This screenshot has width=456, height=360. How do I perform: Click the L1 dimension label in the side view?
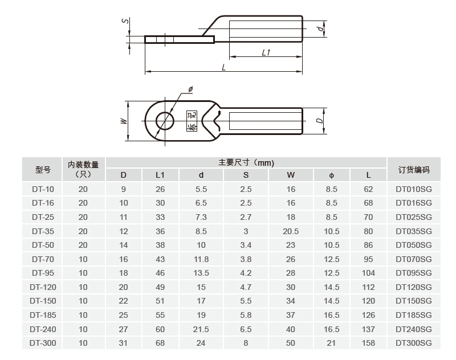click(x=266, y=52)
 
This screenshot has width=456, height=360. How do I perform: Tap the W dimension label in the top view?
click(x=123, y=121)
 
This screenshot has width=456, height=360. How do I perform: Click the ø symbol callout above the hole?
click(x=190, y=89)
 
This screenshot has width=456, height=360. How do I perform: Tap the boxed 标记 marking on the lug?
click(x=192, y=121)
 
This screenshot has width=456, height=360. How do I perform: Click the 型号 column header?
click(x=43, y=169)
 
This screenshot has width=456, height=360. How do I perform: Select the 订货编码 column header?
click(x=414, y=169)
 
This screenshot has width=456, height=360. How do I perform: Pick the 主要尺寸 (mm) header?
click(x=246, y=162)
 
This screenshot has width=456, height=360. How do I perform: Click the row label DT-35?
click(x=43, y=231)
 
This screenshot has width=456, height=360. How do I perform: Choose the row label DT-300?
click(x=43, y=343)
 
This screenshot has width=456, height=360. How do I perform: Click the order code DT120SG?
click(x=414, y=287)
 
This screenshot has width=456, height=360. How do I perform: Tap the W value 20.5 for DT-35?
click(x=291, y=231)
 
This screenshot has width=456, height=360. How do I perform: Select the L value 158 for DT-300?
click(x=369, y=343)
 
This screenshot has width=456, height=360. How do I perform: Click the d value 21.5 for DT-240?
click(x=201, y=329)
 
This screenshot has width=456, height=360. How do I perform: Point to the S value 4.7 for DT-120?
click(x=246, y=287)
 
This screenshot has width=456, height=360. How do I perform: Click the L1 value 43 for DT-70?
click(x=160, y=259)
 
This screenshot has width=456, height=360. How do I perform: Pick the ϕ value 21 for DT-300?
click(x=331, y=343)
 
